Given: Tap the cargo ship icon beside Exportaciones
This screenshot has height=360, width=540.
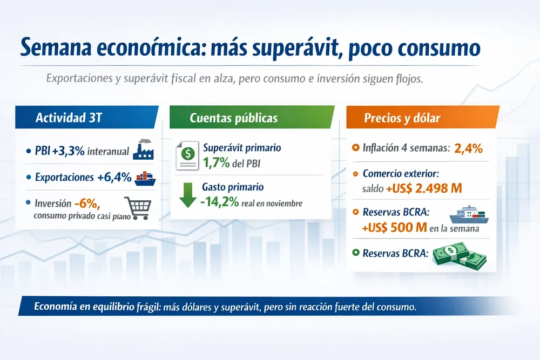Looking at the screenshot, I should (x=144, y=178).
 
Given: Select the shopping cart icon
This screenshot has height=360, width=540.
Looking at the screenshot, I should (x=137, y=208).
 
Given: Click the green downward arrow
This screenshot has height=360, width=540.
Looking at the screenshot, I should (x=187, y=194).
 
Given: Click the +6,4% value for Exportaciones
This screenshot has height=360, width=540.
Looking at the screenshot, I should (x=114, y=177).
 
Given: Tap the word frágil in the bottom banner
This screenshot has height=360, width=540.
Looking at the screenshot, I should (x=142, y=308).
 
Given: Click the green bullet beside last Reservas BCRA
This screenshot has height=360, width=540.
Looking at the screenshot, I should (x=355, y=253).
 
